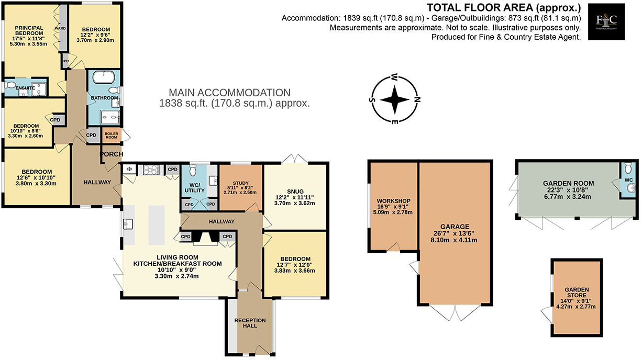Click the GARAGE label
coord(455,227)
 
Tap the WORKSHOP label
coord(393,201)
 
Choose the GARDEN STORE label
coord(577,292)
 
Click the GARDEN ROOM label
coord(568,183)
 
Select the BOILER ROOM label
coord(111,135)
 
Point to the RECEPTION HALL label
coord(250,323)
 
